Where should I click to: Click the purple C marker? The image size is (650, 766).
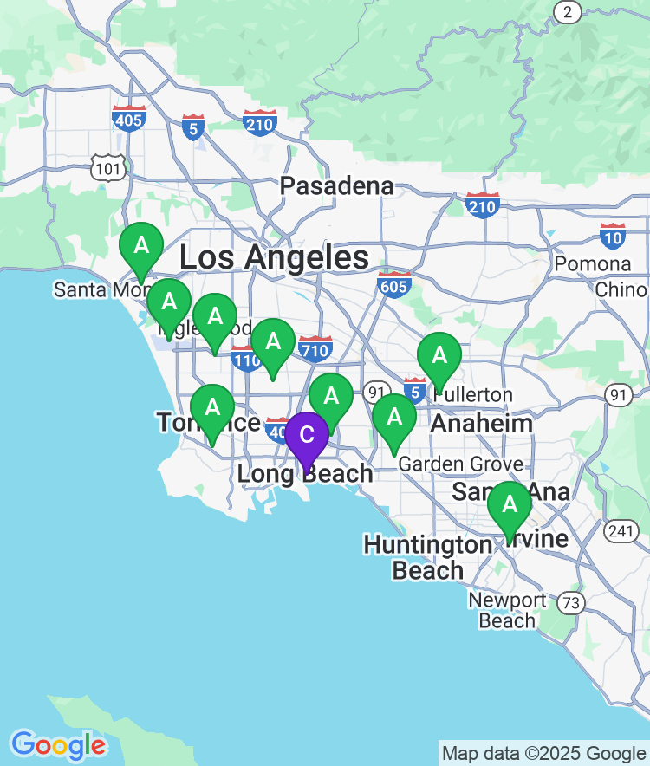click(307, 436)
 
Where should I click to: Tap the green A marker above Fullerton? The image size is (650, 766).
click(439, 355)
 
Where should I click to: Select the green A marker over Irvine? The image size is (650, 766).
click(510, 504)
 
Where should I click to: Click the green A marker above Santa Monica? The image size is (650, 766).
click(140, 246)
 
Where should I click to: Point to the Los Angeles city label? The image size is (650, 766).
click(274, 257)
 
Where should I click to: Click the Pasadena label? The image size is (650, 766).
click(336, 186)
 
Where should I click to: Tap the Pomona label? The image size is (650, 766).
click(593, 263)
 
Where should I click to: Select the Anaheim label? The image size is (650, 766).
click(481, 423)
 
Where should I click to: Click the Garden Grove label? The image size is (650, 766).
click(460, 464)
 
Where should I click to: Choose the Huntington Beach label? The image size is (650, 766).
click(427, 557)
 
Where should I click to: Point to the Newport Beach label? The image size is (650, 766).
click(507, 610)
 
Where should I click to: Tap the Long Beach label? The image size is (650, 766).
click(305, 474)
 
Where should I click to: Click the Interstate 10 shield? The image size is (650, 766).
click(613, 235)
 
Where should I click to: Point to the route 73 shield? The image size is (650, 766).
click(570, 600)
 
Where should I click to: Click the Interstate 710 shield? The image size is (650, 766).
click(315, 348)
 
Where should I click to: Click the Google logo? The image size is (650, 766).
click(58, 745)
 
